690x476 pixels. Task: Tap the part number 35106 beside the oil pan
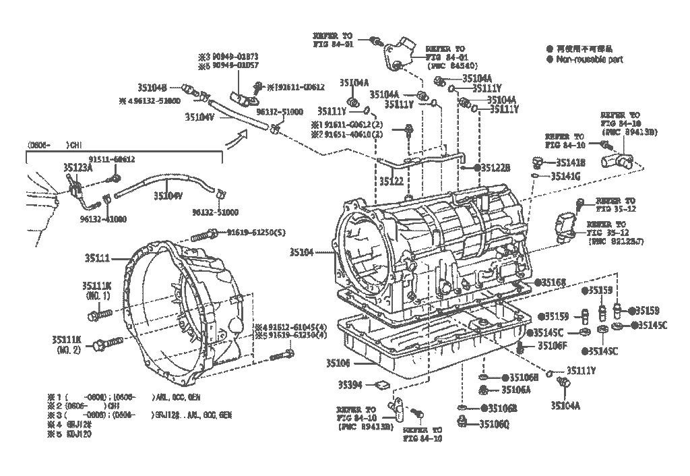point(338,362)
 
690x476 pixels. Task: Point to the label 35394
point(350,385)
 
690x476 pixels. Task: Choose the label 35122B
point(495,167)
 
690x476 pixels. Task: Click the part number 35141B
point(571,162)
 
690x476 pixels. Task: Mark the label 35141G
point(565,176)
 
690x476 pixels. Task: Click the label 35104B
point(152,87)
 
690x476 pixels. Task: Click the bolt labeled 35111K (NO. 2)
point(98,345)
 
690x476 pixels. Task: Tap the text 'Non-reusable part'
point(589,59)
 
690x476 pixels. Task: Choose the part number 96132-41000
point(102,219)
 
